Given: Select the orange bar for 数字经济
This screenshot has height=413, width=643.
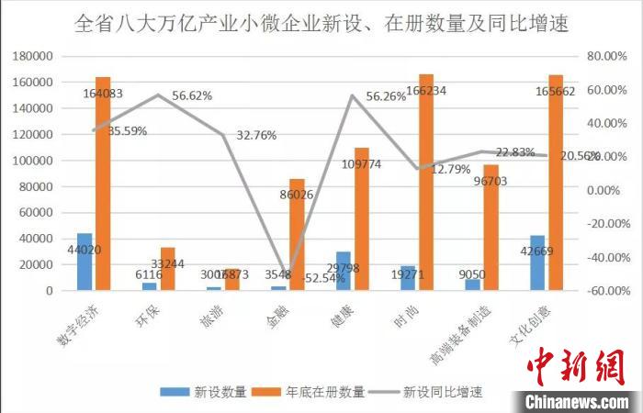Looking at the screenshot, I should (x=103, y=184).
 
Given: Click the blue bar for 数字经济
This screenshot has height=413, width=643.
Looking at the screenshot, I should (x=85, y=262).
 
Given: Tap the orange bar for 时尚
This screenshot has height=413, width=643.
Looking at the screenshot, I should (x=426, y=183).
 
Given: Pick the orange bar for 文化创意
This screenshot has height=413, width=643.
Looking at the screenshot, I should (x=556, y=183).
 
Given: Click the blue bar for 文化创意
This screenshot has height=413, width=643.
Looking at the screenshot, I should (x=537, y=262).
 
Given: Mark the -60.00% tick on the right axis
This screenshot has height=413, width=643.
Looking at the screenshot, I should (x=606, y=291).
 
